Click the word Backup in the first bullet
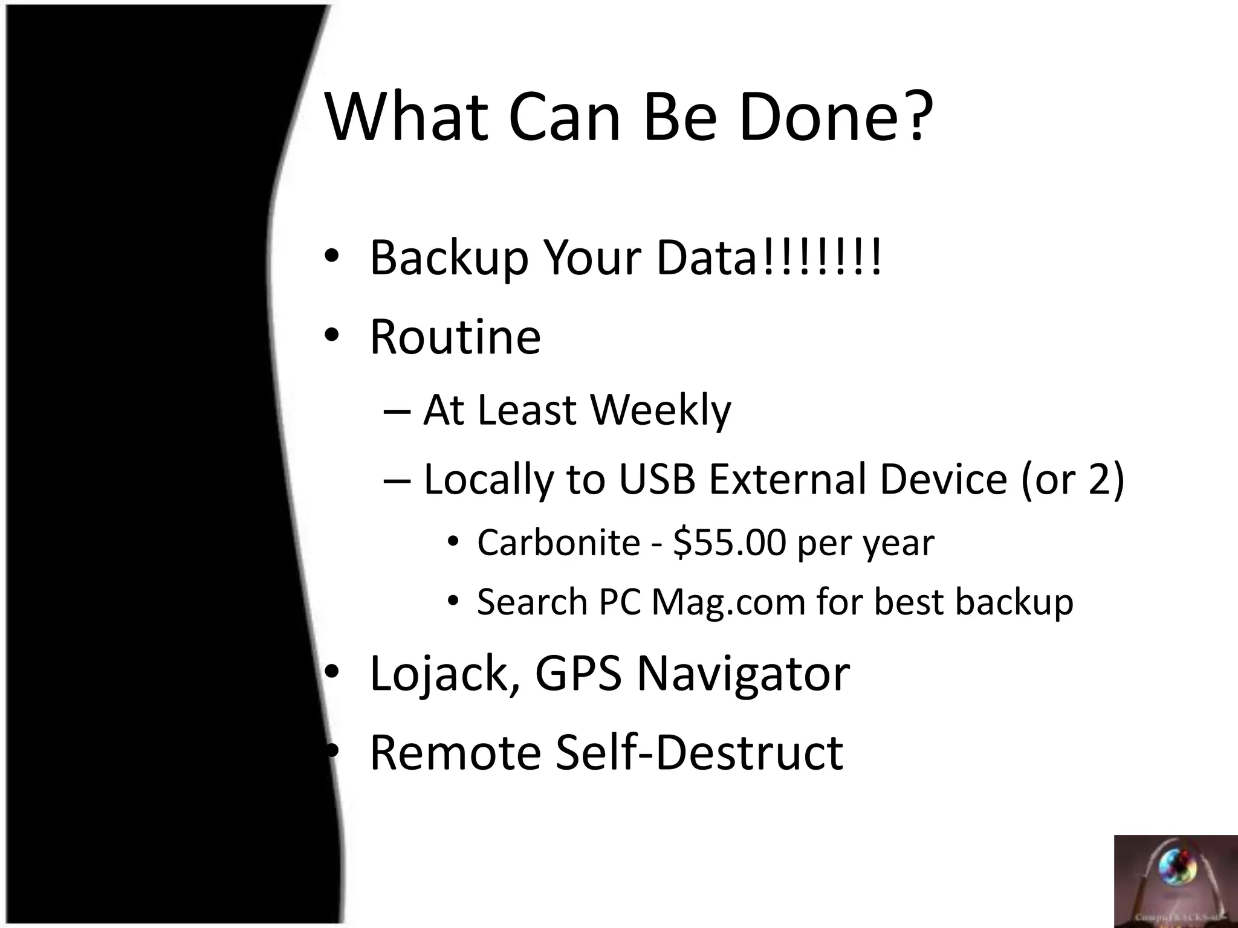tap(449, 259)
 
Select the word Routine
tap(455, 337)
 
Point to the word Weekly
tap(660, 411)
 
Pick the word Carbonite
tap(559, 542)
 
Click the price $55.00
tap(729, 542)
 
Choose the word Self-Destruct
tap(699, 753)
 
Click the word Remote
tap(455, 753)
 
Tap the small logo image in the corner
tap(1176, 881)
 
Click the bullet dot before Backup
tap(331, 256)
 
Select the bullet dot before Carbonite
tap(453, 541)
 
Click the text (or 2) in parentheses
tap(1072, 479)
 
